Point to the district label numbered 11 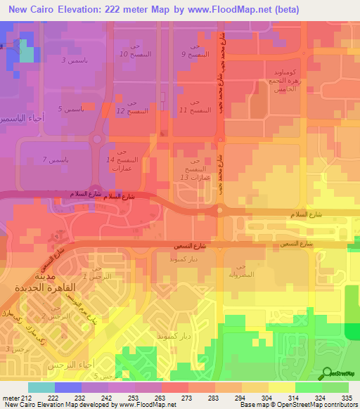[x=193, y=107]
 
